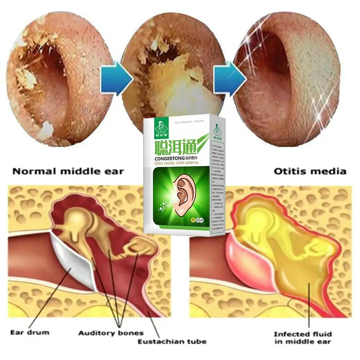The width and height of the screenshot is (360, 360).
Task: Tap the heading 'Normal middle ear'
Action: coord(68,171)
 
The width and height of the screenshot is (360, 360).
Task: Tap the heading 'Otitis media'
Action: coord(310,171)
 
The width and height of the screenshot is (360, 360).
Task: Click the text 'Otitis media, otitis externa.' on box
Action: coord(174,164)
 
